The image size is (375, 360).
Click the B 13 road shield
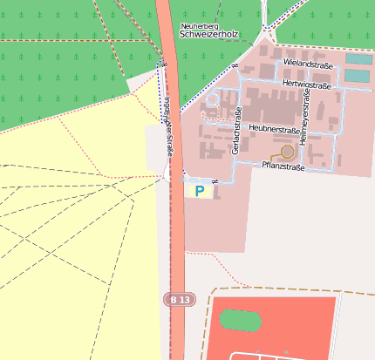click(180, 299)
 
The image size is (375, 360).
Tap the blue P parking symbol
click(200, 190)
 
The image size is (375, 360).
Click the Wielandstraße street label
click(308, 64)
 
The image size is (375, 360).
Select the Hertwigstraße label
click(307, 85)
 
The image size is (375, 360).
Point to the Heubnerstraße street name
click(275, 127)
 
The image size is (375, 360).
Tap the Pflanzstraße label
click(283, 166)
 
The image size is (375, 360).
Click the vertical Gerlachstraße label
click(236, 131)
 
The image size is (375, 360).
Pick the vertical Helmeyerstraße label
click(303, 119)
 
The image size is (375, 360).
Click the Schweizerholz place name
click(208, 36)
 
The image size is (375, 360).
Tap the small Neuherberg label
click(200, 26)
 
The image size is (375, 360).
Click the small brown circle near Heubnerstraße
click(287, 152)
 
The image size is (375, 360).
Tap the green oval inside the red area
click(240, 320)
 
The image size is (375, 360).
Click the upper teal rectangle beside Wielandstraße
click(358, 59)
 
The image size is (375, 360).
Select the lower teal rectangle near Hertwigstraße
click(357, 76)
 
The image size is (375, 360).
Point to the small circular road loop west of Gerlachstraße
click(212, 99)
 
